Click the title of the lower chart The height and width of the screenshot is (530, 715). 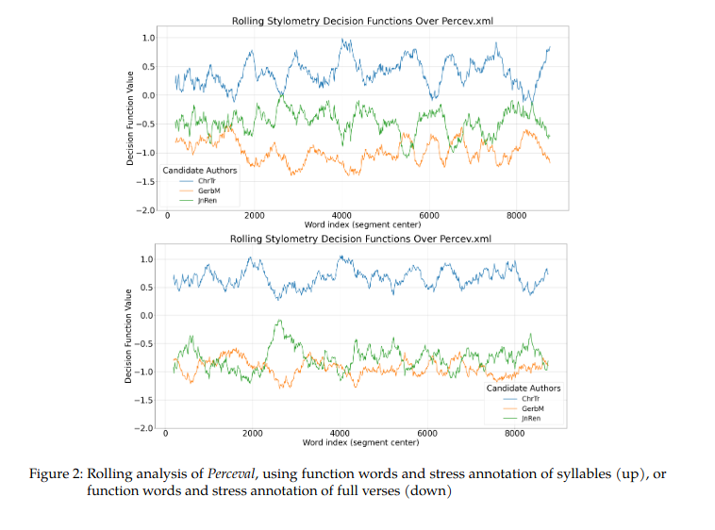click(361, 240)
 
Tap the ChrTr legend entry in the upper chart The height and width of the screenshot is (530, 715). click(206, 181)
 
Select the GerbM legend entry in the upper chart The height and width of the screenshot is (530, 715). click(207, 190)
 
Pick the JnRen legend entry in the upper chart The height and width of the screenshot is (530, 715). click(207, 200)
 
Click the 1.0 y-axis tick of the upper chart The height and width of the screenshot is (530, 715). click(148, 38)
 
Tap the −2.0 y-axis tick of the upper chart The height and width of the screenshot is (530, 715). click(145, 209)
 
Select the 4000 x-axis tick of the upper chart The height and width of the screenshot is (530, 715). click(341, 216)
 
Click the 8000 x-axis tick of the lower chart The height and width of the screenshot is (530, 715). click(515, 434)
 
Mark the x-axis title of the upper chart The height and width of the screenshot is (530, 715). click(361, 224)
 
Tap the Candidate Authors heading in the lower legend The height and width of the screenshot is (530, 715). click(523, 388)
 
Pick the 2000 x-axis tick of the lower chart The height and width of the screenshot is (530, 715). click(253, 434)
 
